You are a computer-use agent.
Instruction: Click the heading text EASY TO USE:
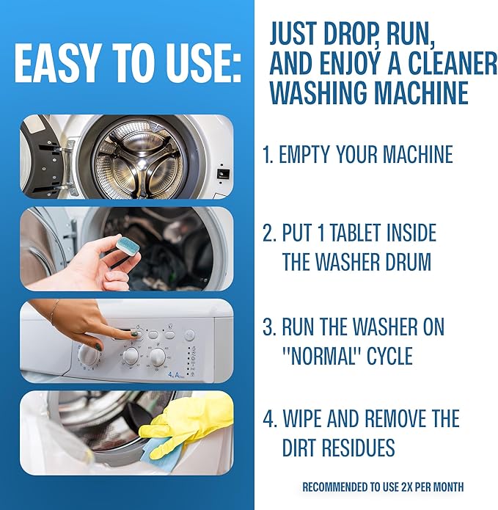click(127, 66)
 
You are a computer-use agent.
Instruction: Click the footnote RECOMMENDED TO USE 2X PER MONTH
click(383, 487)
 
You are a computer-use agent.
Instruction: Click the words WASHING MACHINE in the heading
click(368, 94)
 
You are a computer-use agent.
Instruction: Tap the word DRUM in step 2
click(412, 262)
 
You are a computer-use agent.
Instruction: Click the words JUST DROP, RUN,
click(362, 33)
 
